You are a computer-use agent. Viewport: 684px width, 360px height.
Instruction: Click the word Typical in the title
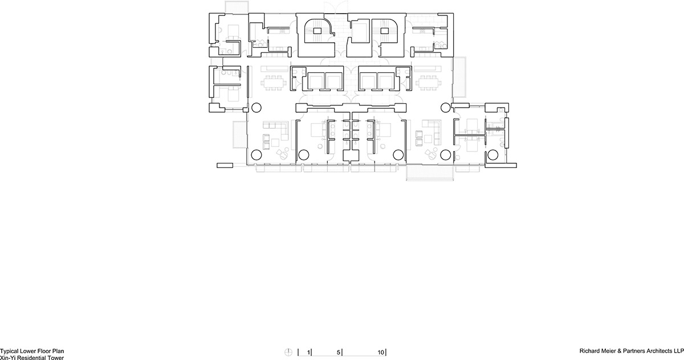coord(10,353)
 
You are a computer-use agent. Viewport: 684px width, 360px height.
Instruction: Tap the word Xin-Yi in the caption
coord(8,358)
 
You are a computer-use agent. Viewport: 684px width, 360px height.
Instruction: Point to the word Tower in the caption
coord(54,358)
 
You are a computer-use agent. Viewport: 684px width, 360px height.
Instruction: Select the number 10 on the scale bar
coord(381,353)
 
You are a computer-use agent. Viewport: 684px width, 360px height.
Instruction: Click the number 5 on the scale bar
coord(339,353)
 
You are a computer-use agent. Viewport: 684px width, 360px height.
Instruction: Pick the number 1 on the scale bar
coord(309,353)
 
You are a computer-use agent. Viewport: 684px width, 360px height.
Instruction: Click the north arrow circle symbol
coord(290,352)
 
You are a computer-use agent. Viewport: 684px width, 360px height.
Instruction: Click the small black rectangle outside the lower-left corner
coord(225,165)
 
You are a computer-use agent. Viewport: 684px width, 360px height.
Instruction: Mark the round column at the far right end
coord(493,155)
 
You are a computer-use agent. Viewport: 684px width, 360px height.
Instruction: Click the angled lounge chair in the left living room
coord(282,154)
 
